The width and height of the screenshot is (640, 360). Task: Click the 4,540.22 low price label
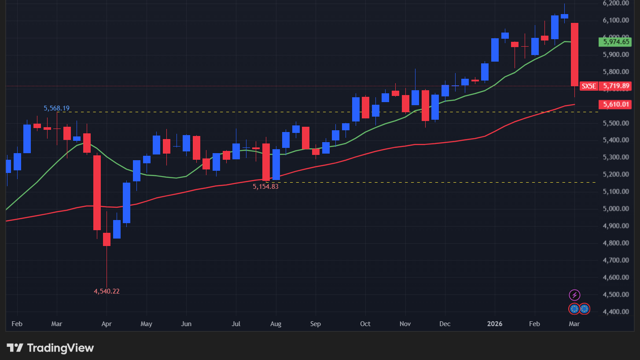click(107, 291)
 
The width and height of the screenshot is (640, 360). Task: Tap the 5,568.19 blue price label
click(56, 108)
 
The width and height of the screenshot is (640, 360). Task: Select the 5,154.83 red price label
click(265, 187)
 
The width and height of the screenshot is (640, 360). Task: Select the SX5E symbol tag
click(589, 86)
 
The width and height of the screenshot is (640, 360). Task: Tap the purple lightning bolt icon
click(574, 295)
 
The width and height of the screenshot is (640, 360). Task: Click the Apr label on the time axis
click(107, 324)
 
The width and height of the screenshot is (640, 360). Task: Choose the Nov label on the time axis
click(405, 324)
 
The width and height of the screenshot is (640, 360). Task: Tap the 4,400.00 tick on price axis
click(616, 312)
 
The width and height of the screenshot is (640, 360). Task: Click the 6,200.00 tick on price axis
click(616, 3)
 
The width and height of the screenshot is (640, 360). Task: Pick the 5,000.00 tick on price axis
click(616, 209)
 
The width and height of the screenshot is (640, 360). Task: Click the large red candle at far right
click(574, 55)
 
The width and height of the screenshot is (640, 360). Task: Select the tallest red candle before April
click(97, 192)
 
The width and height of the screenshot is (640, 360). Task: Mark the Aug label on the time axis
click(276, 324)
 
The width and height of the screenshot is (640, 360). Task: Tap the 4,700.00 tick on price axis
click(616, 260)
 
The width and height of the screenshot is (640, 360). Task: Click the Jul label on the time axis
click(236, 324)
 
